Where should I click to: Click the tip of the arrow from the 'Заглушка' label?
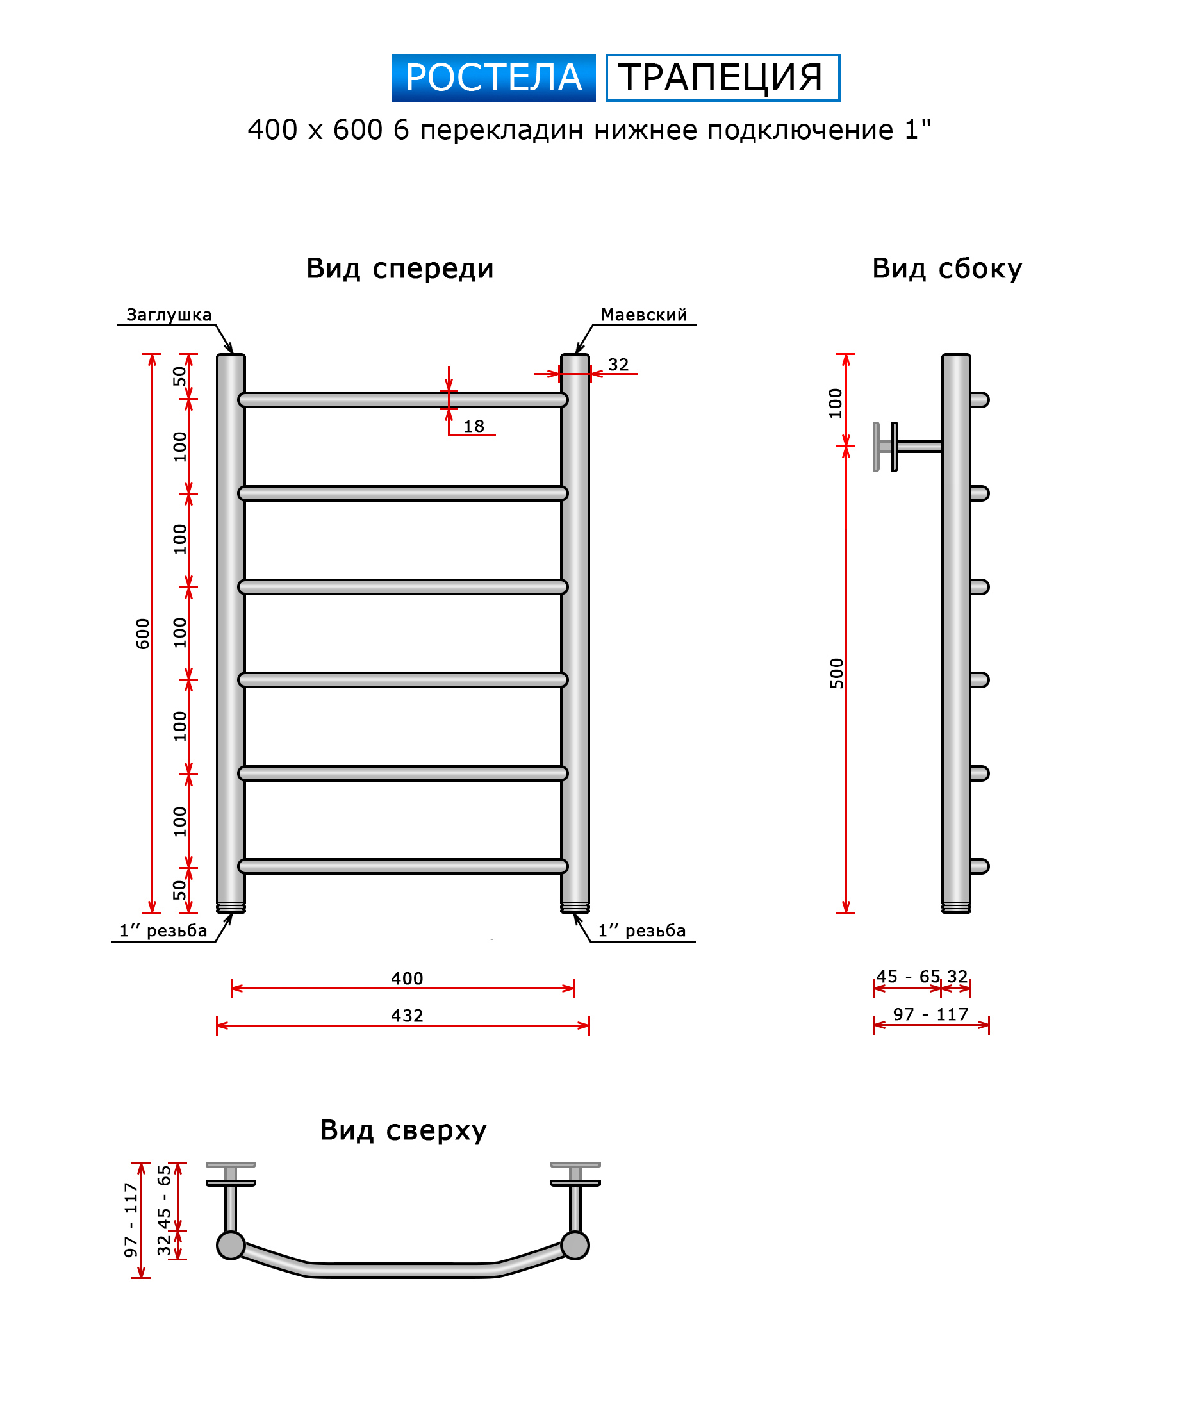click(232, 354)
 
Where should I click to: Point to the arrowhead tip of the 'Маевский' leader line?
click(577, 354)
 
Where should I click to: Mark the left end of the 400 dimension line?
click(231, 988)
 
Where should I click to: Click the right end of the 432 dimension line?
click(589, 1025)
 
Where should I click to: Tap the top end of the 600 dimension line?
click(152, 354)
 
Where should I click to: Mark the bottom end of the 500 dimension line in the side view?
click(846, 912)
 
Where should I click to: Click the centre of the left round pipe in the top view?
click(231, 1245)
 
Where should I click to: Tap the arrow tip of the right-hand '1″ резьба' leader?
click(575, 913)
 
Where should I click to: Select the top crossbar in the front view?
click(403, 400)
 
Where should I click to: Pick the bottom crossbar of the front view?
click(403, 866)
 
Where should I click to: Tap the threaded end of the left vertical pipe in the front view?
click(231, 907)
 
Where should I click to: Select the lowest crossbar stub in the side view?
click(980, 866)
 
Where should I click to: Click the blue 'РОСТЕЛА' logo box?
click(493, 78)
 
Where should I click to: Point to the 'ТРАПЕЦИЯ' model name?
click(722, 78)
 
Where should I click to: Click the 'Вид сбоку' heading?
click(946, 268)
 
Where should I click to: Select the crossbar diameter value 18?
click(474, 426)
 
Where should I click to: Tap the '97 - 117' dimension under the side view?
click(930, 1014)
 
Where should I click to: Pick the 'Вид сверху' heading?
click(403, 1130)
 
